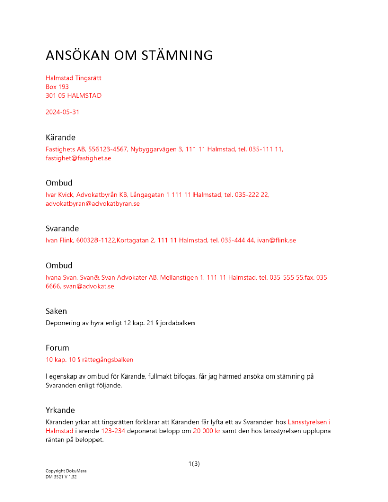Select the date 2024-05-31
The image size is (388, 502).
click(x=62, y=112)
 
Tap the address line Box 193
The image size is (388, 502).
click(x=57, y=87)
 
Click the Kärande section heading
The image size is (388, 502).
click(x=60, y=137)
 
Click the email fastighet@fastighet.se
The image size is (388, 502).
click(x=78, y=158)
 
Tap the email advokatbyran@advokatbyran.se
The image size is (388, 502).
click(x=92, y=204)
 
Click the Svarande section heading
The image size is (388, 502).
click(x=62, y=228)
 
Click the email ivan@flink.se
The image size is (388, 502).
click(x=276, y=240)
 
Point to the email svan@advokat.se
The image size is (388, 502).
click(x=88, y=286)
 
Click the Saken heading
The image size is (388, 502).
click(x=56, y=311)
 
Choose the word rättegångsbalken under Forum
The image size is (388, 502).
click(x=109, y=359)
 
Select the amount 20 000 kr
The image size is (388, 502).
click(x=207, y=431)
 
